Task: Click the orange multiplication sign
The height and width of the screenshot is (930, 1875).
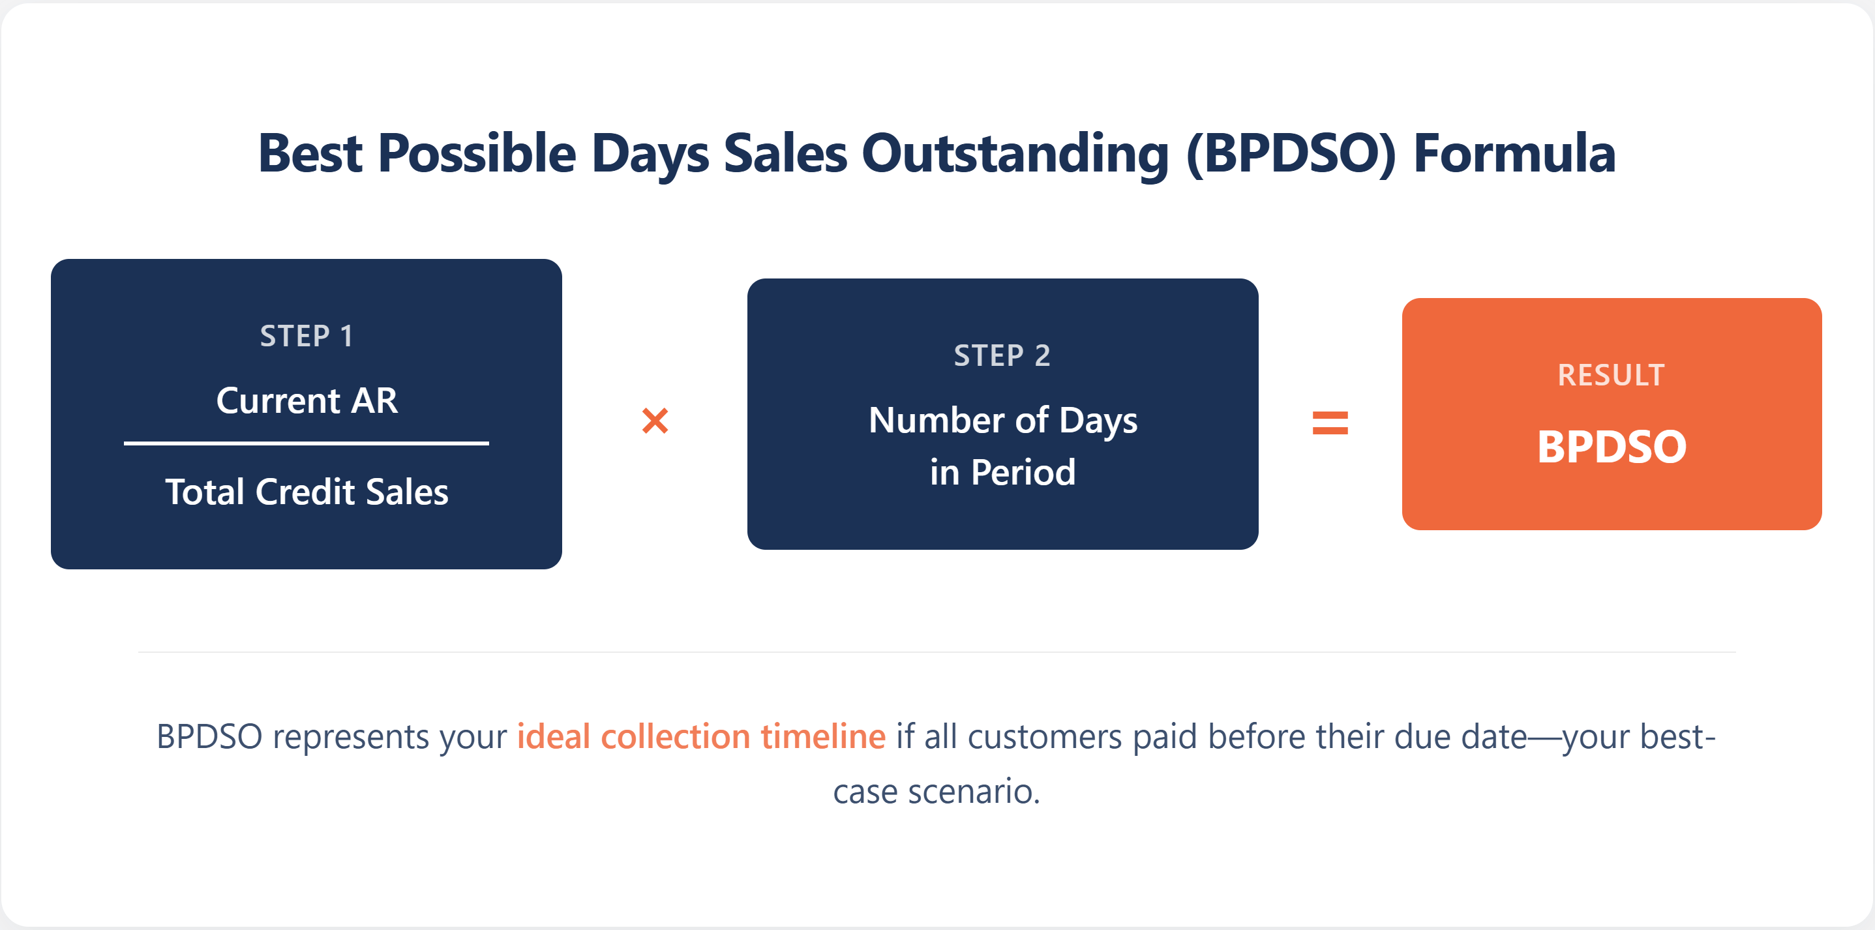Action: (x=655, y=421)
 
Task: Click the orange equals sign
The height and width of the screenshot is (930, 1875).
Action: (x=1330, y=423)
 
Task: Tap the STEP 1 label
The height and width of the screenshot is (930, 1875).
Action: (x=307, y=337)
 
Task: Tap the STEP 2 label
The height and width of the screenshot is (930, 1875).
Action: (x=1002, y=356)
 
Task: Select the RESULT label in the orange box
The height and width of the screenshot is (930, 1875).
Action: (x=1611, y=376)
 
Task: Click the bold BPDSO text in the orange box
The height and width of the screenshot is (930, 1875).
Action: (x=1611, y=446)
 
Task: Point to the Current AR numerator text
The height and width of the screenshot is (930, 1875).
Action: (x=307, y=401)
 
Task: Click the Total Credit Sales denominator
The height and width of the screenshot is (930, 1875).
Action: (x=307, y=492)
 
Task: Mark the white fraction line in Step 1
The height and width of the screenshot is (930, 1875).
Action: (x=307, y=442)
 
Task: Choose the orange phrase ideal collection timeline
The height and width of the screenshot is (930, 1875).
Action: (x=701, y=736)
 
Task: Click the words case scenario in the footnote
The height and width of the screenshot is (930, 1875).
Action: (x=937, y=791)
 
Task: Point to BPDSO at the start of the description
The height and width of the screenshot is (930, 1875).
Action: (x=209, y=736)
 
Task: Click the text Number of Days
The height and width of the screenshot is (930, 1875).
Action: (x=1002, y=421)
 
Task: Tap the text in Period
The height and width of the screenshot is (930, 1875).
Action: (x=1002, y=472)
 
